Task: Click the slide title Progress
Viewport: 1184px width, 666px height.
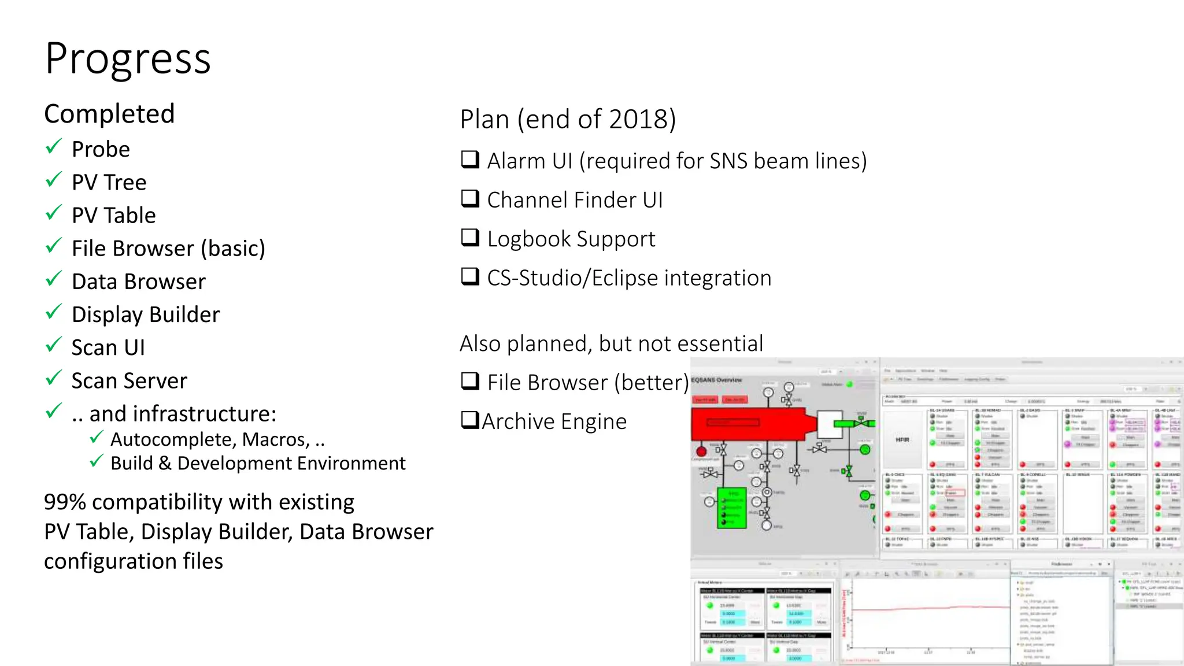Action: coord(128,59)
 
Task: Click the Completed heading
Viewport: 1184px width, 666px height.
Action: coord(109,114)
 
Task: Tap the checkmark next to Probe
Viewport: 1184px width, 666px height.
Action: coord(53,147)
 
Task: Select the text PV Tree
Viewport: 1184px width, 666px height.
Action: coord(109,183)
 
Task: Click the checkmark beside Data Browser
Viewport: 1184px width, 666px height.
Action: coord(53,279)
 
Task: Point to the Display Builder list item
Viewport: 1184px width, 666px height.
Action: coord(145,315)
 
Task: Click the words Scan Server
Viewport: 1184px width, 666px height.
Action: coord(129,381)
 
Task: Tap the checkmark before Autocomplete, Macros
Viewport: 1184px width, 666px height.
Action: coord(97,438)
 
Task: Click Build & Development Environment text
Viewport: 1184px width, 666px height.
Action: coord(258,464)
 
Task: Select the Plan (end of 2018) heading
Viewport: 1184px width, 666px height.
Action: coord(568,120)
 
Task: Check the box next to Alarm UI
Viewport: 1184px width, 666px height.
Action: coord(470,159)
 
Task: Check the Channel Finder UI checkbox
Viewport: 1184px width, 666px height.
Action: coord(470,198)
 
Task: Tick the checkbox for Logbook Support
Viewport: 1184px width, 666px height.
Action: coord(470,238)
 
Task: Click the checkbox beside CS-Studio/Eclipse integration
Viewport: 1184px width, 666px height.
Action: coord(470,276)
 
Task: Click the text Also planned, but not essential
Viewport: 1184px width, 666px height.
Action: coord(611,344)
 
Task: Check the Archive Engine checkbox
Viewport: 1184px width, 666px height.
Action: coord(469,420)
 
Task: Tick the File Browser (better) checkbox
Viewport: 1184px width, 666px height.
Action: coord(470,381)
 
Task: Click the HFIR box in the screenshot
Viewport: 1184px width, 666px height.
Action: coord(902,440)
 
